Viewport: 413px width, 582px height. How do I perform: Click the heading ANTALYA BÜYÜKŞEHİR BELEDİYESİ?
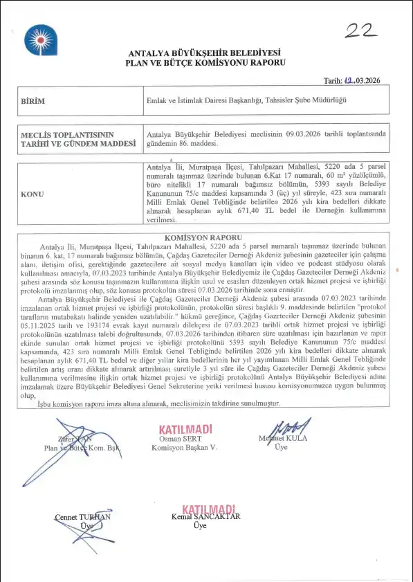click(x=205, y=53)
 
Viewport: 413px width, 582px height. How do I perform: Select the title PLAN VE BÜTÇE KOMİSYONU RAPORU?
click(x=205, y=62)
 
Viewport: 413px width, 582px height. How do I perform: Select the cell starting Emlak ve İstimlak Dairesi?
click(x=246, y=101)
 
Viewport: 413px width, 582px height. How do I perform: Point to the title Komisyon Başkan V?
click(x=184, y=448)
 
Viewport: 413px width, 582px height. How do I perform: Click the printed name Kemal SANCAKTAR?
click(x=205, y=517)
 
